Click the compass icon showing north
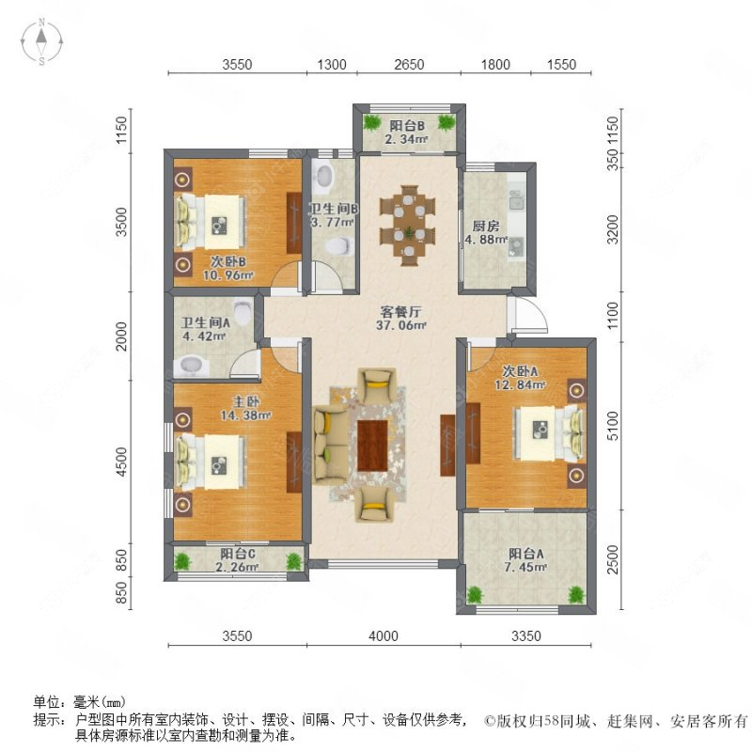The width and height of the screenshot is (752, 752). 43,40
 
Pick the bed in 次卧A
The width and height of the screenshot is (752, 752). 544,433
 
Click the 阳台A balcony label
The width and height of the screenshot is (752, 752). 529,553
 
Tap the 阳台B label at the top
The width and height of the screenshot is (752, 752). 406,125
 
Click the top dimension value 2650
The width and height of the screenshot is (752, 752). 409,65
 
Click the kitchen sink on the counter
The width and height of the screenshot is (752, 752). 516,199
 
